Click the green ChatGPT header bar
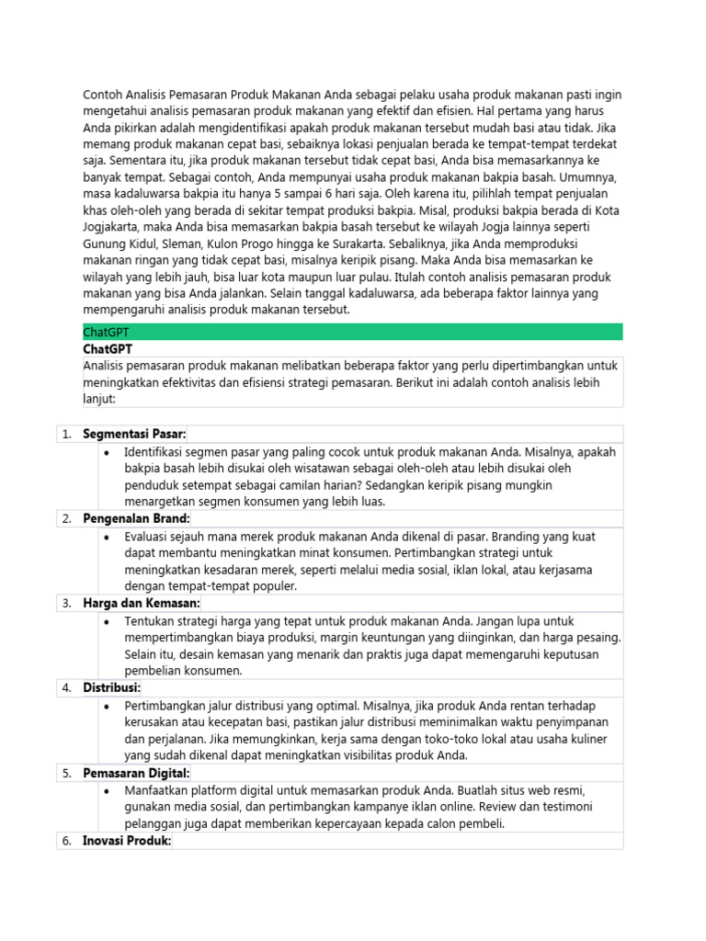tap(352, 332)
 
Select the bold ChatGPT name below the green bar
tap(108, 349)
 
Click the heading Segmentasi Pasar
tap(134, 434)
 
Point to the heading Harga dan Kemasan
tap(141, 603)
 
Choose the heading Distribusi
tap(112, 687)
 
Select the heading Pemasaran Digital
tap(136, 773)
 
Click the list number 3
tap(66, 603)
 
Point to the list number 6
tap(66, 841)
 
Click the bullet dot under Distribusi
tap(108, 705)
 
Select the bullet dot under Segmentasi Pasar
tap(108, 451)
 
